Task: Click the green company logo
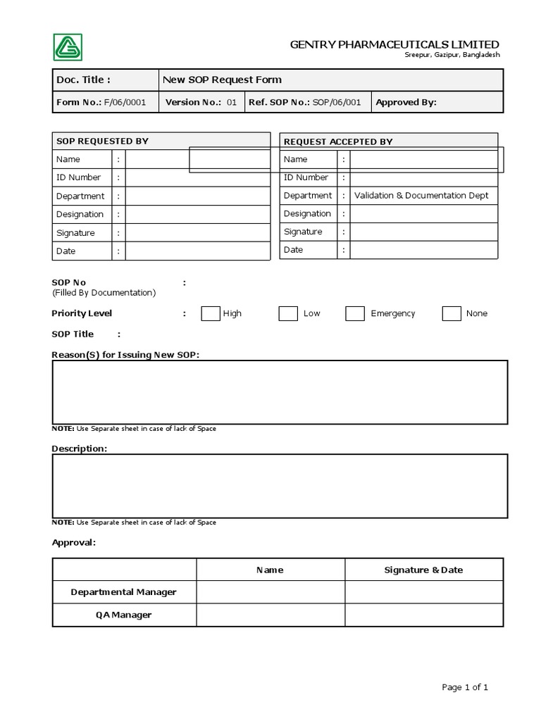click(x=68, y=47)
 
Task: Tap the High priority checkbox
click(x=211, y=313)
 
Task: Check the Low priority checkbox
click(x=288, y=313)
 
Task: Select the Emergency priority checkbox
click(x=355, y=313)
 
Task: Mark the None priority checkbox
click(x=452, y=313)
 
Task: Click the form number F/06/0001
click(x=125, y=102)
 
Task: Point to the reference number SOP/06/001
click(x=337, y=102)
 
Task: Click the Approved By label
click(x=406, y=102)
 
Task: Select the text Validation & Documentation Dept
click(x=421, y=196)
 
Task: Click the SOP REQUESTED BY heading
click(x=102, y=141)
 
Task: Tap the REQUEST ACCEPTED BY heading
click(x=337, y=142)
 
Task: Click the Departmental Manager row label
click(x=123, y=592)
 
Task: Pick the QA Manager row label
click(x=123, y=615)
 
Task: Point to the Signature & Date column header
click(x=423, y=570)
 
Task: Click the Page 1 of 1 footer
click(x=465, y=687)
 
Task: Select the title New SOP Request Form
click(x=222, y=80)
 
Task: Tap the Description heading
click(x=80, y=449)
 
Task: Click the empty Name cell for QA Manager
click(x=270, y=615)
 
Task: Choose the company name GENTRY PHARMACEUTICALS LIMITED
click(x=394, y=45)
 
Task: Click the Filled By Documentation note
click(x=104, y=292)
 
